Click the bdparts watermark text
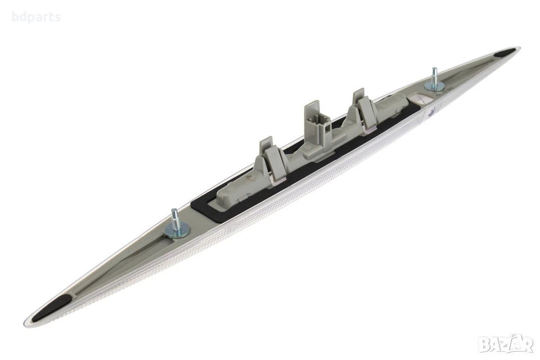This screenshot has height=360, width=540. pyautogui.click(x=36, y=16)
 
